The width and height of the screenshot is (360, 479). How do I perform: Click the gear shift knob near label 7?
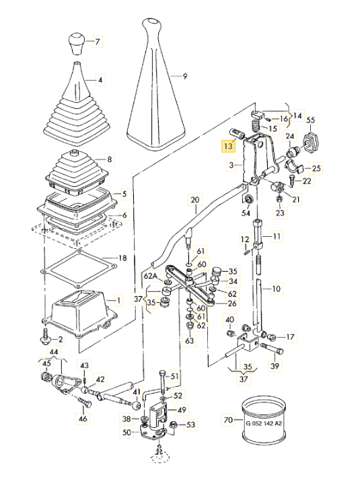click(77, 44)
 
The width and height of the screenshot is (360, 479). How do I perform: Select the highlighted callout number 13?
click(228, 146)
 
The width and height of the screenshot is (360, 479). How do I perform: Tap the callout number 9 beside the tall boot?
click(185, 76)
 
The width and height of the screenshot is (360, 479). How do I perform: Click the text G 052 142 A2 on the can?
click(264, 423)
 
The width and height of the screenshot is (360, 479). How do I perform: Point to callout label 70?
click(228, 420)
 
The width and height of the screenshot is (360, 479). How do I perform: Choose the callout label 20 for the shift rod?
click(195, 200)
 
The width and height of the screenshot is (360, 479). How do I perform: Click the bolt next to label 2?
click(45, 337)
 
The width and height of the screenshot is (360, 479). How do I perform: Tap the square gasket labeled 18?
click(79, 268)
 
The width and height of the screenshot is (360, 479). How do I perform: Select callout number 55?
click(310, 120)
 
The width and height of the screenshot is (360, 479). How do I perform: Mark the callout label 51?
click(174, 376)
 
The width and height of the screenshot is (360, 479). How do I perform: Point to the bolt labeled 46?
click(85, 402)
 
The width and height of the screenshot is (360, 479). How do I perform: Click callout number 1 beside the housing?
click(118, 300)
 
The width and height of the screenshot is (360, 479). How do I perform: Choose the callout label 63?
click(190, 340)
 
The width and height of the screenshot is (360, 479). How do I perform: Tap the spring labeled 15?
click(256, 126)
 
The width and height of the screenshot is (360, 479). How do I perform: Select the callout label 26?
click(232, 303)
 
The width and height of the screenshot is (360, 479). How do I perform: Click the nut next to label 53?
click(172, 425)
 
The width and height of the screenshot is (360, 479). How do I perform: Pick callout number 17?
click(290, 337)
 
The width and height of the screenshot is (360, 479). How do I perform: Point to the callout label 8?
click(109, 159)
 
